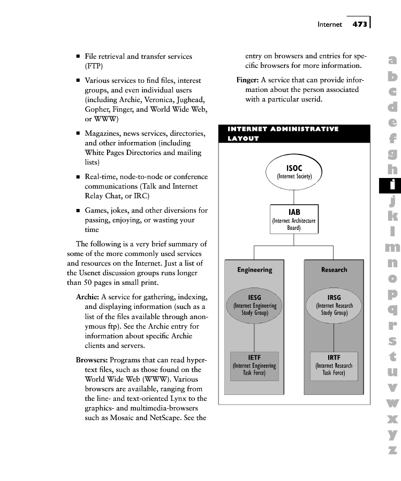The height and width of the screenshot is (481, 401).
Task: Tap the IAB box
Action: click(294, 219)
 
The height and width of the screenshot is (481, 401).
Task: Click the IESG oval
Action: click(255, 305)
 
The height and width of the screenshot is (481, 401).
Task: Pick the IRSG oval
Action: click(334, 305)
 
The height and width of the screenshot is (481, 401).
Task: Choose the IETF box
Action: click(254, 366)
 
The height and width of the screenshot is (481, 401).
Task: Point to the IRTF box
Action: click(334, 366)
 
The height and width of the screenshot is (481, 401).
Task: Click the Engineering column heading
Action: click(255, 270)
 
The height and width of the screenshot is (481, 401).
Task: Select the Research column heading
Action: click(334, 270)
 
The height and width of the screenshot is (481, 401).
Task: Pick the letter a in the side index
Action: click(392, 61)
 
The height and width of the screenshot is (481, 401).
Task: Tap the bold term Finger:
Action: click(248, 80)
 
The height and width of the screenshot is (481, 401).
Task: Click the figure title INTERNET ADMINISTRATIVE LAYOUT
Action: click(283, 134)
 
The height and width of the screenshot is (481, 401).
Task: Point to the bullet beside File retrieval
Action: click(78, 56)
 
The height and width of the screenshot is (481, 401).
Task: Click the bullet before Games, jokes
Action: click(78, 211)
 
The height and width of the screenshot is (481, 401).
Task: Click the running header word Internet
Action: click(329, 24)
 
